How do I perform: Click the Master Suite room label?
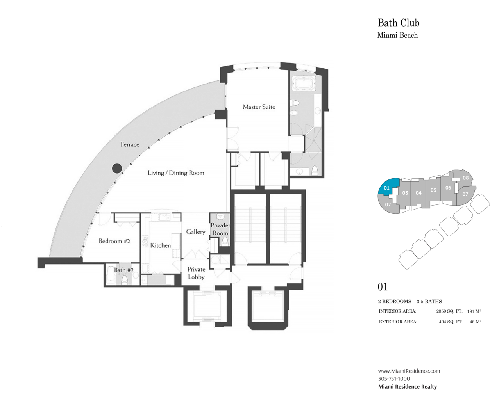pyautogui.click(x=259, y=107)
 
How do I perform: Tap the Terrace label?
pyautogui.click(x=129, y=144)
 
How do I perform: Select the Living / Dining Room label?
pyautogui.click(x=176, y=173)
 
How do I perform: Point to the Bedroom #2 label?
pyautogui.click(x=114, y=241)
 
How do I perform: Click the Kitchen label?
pyautogui.click(x=161, y=245)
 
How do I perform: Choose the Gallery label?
pyautogui.click(x=195, y=232)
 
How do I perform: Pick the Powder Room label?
pyautogui.click(x=220, y=229)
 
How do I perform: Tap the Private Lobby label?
pyautogui.click(x=196, y=273)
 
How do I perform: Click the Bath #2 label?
pyautogui.click(x=123, y=270)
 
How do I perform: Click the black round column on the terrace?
pyautogui.click(x=117, y=168)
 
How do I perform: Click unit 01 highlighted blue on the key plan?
pyautogui.click(x=387, y=188)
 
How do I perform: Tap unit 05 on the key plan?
pyautogui.click(x=433, y=190)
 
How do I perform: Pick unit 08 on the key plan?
pyautogui.click(x=465, y=178)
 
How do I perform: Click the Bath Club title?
pyautogui.click(x=398, y=23)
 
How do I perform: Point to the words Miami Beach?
pyautogui.click(x=397, y=35)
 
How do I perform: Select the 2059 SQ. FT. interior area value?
pyautogui.click(x=449, y=311)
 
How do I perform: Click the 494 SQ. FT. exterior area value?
pyautogui.click(x=451, y=322)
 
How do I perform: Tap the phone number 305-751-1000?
pyautogui.click(x=394, y=378)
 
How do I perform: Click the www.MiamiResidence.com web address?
pyautogui.click(x=409, y=371)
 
